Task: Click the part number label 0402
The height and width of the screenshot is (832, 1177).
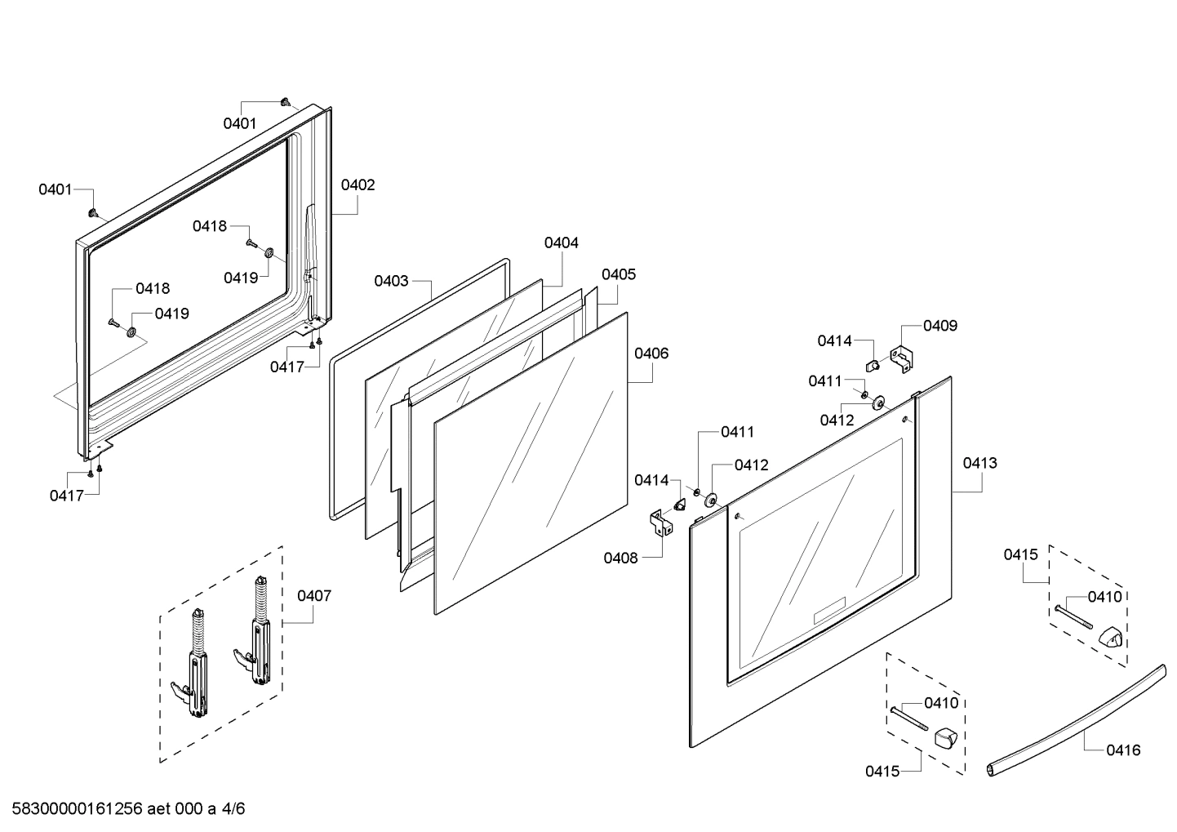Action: (x=358, y=185)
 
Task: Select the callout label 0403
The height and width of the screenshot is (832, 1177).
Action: (x=391, y=282)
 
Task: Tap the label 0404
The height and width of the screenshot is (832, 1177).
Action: (x=561, y=243)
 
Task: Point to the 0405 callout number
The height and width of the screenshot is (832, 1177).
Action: (x=618, y=275)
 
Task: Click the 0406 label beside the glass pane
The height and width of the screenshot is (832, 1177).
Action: (x=651, y=354)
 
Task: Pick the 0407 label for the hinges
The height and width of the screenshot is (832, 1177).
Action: (x=314, y=596)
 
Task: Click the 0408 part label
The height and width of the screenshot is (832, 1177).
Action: (x=620, y=558)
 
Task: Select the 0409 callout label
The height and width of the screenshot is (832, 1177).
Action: (x=940, y=326)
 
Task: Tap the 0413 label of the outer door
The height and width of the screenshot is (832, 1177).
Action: (x=979, y=463)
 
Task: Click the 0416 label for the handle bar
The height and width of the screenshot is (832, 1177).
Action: (x=1123, y=750)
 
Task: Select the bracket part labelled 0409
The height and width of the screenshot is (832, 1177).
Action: (x=901, y=359)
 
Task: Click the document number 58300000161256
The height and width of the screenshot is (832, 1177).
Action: (x=73, y=810)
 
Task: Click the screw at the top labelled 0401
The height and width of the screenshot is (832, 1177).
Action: (x=285, y=102)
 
